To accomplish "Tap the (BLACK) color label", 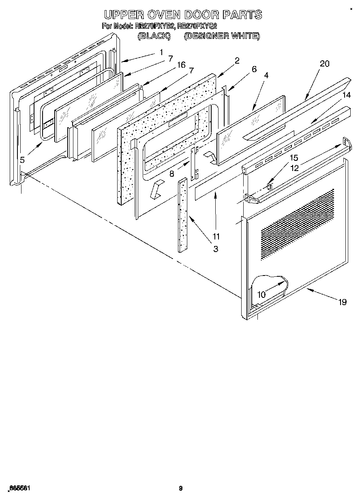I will [x=153, y=36].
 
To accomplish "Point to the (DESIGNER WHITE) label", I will [x=222, y=36].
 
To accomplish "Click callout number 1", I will [x=161, y=52].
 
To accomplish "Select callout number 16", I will [x=181, y=65].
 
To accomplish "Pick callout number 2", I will [x=237, y=61].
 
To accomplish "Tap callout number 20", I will [x=324, y=64].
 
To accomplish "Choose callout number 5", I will [x=23, y=160].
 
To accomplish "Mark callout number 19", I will [x=343, y=302].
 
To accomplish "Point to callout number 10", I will [x=262, y=295].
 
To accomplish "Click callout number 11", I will [x=216, y=236].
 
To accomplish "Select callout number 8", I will [x=172, y=174].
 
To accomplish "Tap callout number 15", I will [x=294, y=158].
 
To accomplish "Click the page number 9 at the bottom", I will [x=181, y=488].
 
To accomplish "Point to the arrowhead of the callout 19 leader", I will [x=308, y=289].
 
